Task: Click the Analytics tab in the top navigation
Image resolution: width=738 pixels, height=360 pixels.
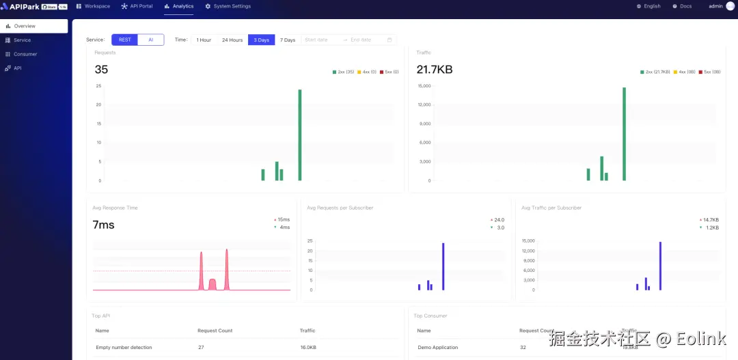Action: point(179,6)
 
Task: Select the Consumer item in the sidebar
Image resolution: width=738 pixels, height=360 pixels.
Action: point(25,54)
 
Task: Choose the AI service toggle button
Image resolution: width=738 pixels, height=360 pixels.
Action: point(151,40)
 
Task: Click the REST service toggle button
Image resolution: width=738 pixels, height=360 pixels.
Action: point(125,40)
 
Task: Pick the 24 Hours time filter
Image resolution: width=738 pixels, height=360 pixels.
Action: point(232,40)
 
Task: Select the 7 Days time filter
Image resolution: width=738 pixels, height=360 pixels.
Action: point(288,40)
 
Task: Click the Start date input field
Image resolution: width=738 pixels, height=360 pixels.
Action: point(321,40)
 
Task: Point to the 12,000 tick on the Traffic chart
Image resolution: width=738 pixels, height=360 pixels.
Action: point(424,105)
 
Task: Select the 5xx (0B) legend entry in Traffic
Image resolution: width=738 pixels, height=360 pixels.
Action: point(709,72)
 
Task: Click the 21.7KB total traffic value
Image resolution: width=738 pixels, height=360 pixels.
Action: point(435,70)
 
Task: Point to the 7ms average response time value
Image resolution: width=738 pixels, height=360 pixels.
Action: point(103,225)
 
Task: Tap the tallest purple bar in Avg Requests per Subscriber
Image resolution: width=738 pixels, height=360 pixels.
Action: point(443,266)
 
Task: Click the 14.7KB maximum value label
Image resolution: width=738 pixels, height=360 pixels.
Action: point(711,219)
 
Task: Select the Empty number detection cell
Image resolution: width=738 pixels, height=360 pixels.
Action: point(124,348)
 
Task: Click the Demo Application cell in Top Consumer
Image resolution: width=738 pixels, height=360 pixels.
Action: point(438,348)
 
